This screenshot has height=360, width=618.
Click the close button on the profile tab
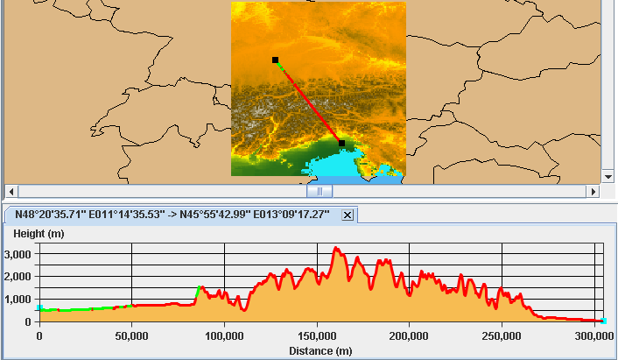tap(347, 215)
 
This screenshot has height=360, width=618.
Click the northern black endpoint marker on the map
tap(275, 60)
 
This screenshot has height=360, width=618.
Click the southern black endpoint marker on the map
tap(341, 143)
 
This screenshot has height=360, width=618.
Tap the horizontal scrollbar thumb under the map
tap(320, 191)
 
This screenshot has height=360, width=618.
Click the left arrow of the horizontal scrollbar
tap(11, 191)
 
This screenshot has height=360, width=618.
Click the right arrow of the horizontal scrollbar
tap(595, 191)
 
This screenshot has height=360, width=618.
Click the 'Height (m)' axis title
tap(38, 234)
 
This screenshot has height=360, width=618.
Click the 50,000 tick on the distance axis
tap(131, 335)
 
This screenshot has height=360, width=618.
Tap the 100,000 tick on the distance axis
tap(224, 335)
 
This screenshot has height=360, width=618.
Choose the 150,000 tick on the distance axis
tap(317, 335)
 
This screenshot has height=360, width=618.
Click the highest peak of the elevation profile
tap(336, 249)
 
